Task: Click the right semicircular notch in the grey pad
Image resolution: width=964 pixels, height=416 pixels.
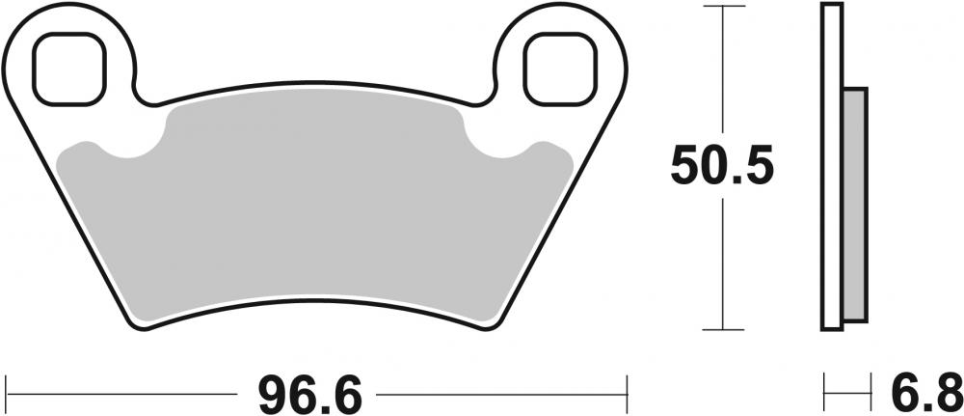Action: [x=498, y=142]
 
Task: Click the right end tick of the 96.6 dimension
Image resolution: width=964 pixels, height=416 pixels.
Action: [x=629, y=394]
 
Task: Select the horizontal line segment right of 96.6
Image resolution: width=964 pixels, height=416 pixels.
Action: [x=501, y=394]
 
